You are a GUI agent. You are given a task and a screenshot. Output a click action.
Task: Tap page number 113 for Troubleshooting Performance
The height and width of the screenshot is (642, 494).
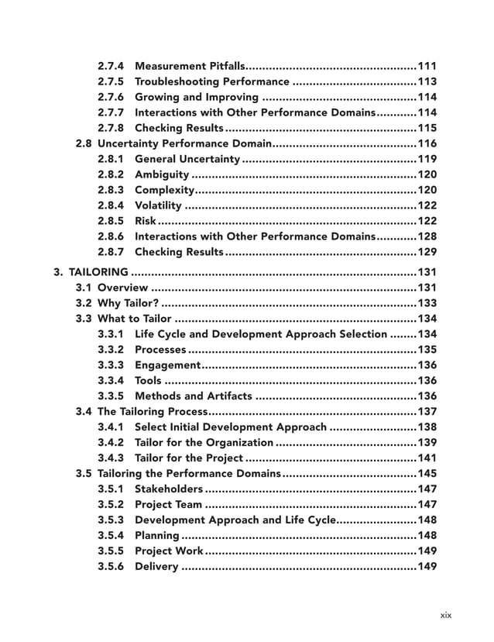(427, 81)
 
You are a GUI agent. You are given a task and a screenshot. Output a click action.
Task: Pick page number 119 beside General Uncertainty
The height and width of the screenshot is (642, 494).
(427, 159)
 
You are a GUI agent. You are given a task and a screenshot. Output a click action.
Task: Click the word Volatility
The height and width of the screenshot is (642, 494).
(158, 205)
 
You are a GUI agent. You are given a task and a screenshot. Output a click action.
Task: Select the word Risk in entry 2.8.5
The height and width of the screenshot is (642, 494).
(145, 221)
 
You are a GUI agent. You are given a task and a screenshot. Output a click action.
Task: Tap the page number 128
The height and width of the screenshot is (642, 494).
(427, 236)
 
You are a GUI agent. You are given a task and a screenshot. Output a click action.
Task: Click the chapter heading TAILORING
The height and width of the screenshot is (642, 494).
(98, 272)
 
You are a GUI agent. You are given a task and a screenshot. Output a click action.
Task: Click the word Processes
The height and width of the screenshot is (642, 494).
(160, 350)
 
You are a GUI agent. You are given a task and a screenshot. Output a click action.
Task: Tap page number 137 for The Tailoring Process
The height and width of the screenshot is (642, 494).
(427, 411)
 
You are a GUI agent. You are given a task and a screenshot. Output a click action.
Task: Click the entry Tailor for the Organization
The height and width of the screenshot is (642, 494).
(204, 442)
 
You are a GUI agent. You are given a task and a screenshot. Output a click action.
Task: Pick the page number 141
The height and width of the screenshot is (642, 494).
(427, 457)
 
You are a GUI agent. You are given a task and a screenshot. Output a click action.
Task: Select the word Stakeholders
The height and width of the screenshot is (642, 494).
(169, 488)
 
